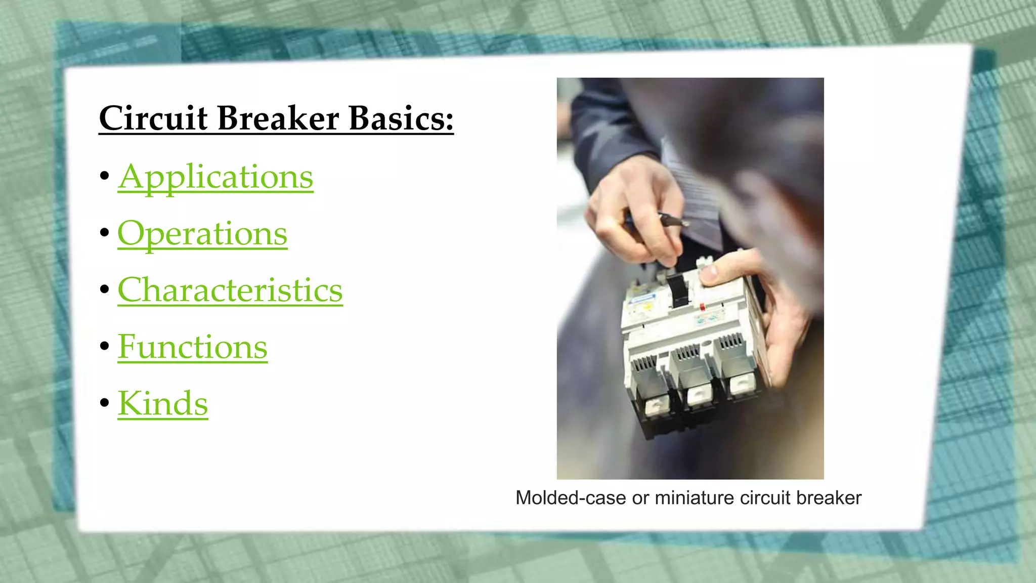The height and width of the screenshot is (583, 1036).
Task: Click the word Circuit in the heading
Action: [153, 118]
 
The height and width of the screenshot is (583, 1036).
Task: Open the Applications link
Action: [215, 177]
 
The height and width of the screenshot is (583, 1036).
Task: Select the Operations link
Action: [202, 234]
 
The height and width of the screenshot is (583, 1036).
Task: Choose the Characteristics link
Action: [230, 290]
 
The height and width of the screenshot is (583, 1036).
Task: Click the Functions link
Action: [192, 347]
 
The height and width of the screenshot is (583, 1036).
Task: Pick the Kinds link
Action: [162, 404]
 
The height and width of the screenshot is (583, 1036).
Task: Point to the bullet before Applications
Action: [105, 176]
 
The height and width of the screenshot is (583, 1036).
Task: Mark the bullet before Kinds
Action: [105, 403]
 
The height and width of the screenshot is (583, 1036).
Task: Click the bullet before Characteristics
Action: [105, 289]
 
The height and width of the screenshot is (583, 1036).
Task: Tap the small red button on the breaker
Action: [703, 307]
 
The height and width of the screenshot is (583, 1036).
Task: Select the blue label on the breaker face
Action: [641, 300]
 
